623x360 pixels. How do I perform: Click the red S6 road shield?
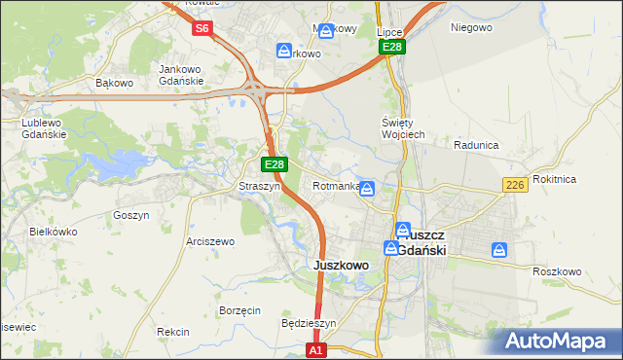click(202, 29)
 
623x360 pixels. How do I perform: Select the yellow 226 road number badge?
click(515, 185)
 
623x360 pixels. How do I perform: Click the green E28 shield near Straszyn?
click(275, 165)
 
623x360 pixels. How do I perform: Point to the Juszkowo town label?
click(340, 265)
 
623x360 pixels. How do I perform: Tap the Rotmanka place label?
click(336, 186)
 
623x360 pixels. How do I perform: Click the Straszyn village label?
click(260, 186)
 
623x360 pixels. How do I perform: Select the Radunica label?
click(476, 145)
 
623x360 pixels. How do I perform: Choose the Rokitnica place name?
click(582, 179)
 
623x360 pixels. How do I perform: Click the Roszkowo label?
click(558, 271)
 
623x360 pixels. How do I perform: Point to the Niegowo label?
click(470, 27)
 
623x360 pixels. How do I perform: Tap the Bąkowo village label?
click(114, 83)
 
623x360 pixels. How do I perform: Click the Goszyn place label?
click(130, 215)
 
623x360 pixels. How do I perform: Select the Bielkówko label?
click(54, 232)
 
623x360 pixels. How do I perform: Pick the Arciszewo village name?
click(210, 240)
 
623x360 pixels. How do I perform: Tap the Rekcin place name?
click(172, 332)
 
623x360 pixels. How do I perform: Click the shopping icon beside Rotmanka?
click(367, 188)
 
